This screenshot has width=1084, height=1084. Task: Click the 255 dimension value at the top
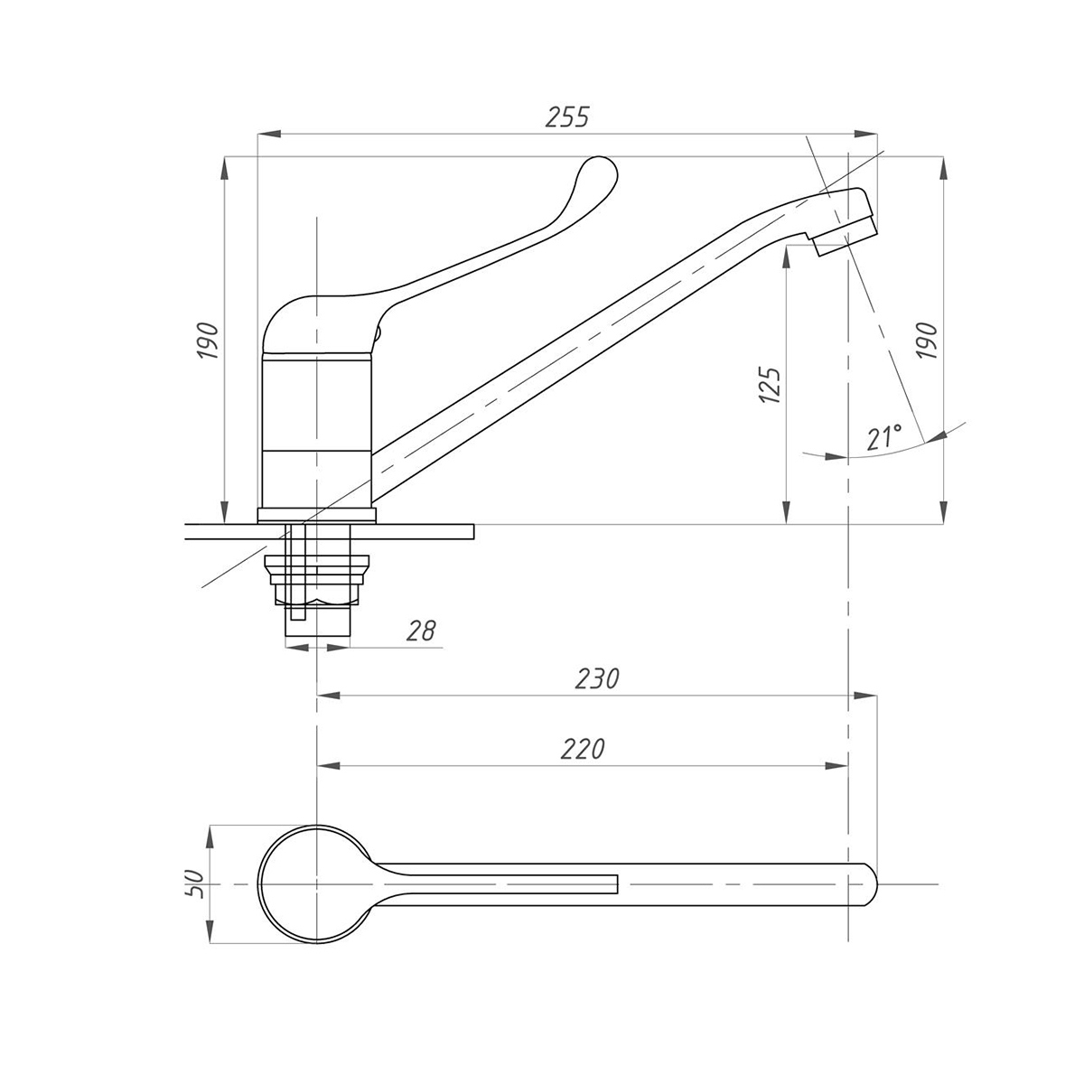point(567,117)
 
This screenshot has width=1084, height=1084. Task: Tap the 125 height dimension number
point(770,386)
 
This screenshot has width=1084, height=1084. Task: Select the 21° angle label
point(883,436)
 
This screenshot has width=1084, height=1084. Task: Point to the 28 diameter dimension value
point(421,631)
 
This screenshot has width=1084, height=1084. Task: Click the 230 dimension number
point(597,678)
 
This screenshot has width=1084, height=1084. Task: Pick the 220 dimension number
point(583,749)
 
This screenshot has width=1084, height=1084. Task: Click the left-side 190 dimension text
point(208,341)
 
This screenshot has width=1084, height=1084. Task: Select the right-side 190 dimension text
point(927,341)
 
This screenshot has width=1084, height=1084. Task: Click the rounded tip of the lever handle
point(601,170)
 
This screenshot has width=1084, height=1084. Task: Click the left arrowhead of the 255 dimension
point(269,134)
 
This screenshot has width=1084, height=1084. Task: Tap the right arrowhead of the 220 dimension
point(836,766)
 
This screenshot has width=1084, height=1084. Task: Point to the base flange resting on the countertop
point(317,516)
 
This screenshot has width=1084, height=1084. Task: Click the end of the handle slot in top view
point(618,883)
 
